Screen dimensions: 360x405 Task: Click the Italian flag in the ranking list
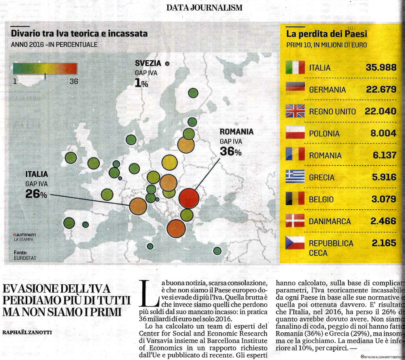[295, 68]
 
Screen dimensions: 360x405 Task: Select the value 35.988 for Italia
[381, 68]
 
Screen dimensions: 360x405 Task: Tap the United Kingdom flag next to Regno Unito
[295, 111]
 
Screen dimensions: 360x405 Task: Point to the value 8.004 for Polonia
[383, 133]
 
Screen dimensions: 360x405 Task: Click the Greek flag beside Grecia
[295, 176]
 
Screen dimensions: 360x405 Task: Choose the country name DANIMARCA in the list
[329, 221]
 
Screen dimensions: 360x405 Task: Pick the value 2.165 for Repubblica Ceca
[384, 243]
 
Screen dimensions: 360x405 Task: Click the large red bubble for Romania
[189, 198]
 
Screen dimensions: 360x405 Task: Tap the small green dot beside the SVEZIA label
[167, 63]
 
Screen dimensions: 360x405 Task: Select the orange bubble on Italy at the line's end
[138, 206]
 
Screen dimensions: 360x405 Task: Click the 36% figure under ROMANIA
[230, 152]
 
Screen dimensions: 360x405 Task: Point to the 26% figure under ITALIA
[36, 194]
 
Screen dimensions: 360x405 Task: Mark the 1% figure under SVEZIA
[141, 83]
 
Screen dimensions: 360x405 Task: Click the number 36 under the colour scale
[74, 81]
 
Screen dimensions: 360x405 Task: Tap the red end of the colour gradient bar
[71, 69]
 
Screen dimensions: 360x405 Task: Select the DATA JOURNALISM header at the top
[204, 8]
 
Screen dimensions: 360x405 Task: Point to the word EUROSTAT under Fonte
[25, 258]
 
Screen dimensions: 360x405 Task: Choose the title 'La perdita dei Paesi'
[326, 34]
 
